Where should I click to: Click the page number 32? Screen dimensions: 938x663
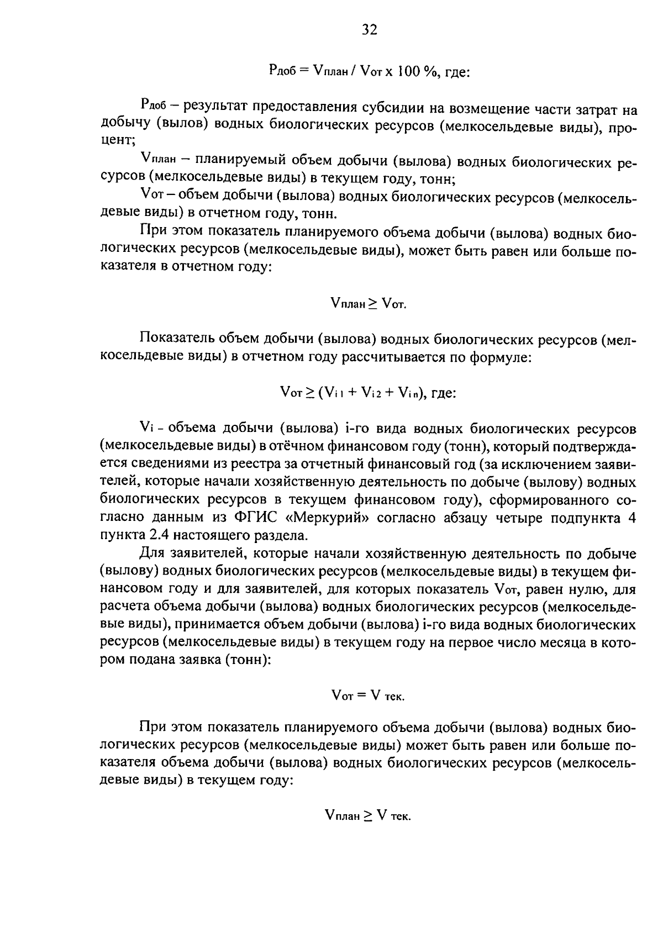pyautogui.click(x=369, y=30)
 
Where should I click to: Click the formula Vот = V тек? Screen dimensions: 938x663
pyautogui.click(x=368, y=696)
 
